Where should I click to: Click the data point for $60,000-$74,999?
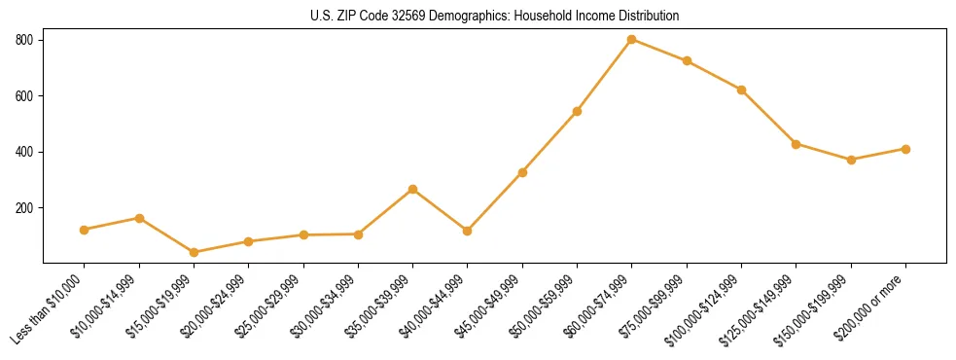[x=632, y=40]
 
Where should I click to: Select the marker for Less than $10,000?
[x=85, y=230]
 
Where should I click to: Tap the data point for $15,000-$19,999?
[x=194, y=252]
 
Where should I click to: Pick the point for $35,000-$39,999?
[x=413, y=189]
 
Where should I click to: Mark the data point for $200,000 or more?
[x=905, y=149]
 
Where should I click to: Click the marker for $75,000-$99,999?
[x=687, y=61]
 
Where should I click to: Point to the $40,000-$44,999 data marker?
[x=468, y=231]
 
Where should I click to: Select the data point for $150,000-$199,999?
[x=851, y=160]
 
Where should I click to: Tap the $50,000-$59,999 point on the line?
[x=577, y=111]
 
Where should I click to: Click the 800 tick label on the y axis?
[x=24, y=40]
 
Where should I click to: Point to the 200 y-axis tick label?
[x=24, y=208]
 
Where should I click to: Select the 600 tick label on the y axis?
[x=24, y=96]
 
